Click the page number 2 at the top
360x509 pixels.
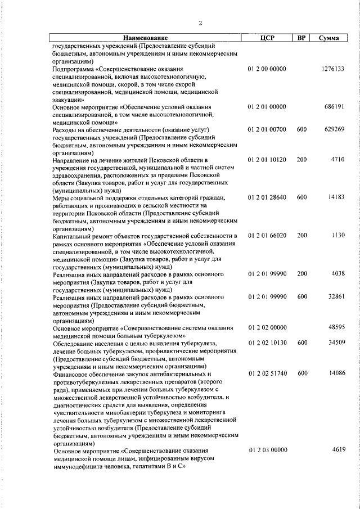click(200, 23)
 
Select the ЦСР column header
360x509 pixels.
click(267, 38)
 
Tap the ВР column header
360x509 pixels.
click(301, 38)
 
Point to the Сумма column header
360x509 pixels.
click(328, 38)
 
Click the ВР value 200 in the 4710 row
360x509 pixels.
click(301, 160)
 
